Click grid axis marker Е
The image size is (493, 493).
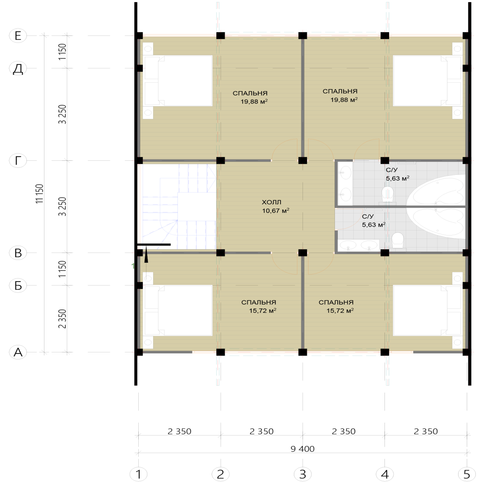[x=18, y=36]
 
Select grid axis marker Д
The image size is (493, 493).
[x=18, y=68]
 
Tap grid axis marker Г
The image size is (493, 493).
[x=18, y=161]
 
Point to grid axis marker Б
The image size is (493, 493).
[x=18, y=285]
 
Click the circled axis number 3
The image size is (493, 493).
[x=303, y=474]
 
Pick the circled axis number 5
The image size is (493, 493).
[x=467, y=474]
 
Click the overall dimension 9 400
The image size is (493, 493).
[x=302, y=449]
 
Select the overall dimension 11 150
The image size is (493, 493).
[x=40, y=194]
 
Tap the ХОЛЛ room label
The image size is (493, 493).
[x=271, y=202]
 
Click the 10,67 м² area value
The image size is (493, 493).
[x=276, y=211]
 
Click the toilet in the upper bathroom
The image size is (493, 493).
[x=388, y=195]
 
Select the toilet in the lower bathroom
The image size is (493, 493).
[x=398, y=240]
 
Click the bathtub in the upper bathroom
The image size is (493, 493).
[x=436, y=190]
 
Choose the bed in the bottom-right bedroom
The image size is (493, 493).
[x=428, y=310]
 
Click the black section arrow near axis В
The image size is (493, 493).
[x=146, y=254]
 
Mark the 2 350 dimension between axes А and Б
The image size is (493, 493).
[x=62, y=319]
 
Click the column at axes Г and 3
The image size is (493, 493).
[x=303, y=161]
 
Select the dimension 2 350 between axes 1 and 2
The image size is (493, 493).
[x=179, y=432]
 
